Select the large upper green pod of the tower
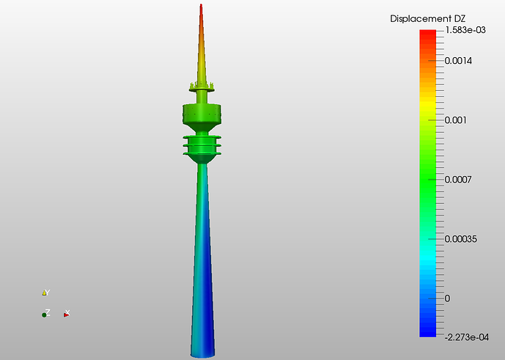pos(202,114)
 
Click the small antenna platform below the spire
pos(202,89)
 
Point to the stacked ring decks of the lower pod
pos(202,146)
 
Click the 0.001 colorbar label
pos(455,120)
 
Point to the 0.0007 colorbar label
pos(457,179)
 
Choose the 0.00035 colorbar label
pos(460,239)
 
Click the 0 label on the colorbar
pos(447,298)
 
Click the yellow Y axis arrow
pos(45,293)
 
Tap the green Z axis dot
pos(44,315)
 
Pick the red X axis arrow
pos(66,314)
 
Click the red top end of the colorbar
pos(428,33)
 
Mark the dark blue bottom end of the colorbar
pos(428,331)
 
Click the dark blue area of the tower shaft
pos(207,323)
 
